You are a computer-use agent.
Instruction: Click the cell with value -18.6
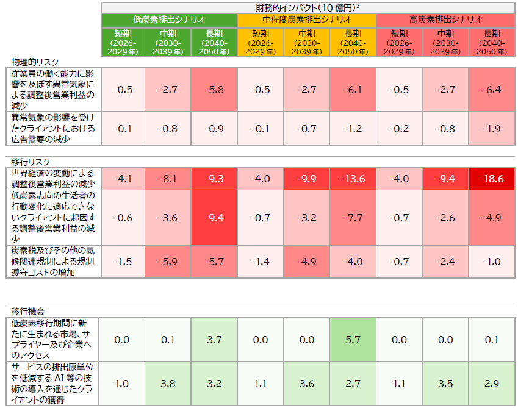tap(492, 179)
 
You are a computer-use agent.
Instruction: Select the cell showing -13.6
tap(353, 179)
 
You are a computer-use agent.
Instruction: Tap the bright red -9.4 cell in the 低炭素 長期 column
tap(214, 218)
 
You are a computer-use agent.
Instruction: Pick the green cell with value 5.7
tap(353, 339)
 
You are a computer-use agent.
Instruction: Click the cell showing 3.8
tap(168, 383)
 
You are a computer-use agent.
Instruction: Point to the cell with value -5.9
tap(168, 262)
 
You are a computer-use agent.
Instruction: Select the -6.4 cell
tap(492, 90)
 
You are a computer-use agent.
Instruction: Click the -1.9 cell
tap(492, 129)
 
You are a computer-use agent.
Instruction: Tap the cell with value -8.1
tap(168, 179)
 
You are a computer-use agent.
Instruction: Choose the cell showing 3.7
tap(214, 339)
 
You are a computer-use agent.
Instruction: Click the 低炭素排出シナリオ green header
tap(169, 20)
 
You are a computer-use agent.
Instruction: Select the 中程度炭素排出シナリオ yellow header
tap(306, 20)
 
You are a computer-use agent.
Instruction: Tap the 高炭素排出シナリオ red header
tap(445, 20)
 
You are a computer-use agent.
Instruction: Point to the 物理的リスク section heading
tap(35, 62)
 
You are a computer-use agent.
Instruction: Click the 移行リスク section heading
tap(31, 162)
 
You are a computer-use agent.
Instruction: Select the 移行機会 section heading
tap(27, 311)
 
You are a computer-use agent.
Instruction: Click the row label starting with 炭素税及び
tap(53, 262)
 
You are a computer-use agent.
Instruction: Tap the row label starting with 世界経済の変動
tap(53, 179)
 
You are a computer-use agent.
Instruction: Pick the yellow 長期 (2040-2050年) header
tap(353, 42)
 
